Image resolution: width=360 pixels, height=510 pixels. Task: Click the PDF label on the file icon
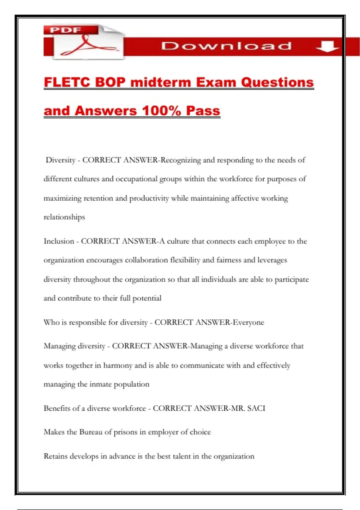(66, 30)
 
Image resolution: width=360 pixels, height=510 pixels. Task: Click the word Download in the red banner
(226, 46)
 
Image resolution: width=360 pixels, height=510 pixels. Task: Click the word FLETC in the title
(67, 82)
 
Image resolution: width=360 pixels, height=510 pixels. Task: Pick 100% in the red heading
(161, 111)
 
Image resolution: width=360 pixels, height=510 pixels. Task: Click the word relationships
(64, 217)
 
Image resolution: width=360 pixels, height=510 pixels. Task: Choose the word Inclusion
(59, 241)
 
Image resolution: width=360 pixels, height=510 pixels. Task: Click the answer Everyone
(248, 322)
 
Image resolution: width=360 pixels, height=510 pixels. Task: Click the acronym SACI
(256, 408)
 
